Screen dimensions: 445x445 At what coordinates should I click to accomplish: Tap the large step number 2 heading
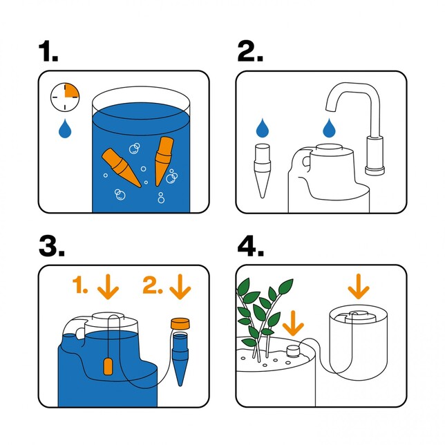251,51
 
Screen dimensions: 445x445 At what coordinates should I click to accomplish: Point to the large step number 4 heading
252,245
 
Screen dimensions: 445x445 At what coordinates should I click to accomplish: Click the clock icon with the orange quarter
64,97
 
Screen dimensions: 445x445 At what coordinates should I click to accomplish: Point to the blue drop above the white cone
263,129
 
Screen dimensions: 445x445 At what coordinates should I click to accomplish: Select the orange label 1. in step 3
82,285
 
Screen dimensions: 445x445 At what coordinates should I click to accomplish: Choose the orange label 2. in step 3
154,285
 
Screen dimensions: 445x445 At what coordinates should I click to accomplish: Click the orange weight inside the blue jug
107,366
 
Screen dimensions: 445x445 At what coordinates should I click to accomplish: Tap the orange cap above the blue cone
180,323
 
